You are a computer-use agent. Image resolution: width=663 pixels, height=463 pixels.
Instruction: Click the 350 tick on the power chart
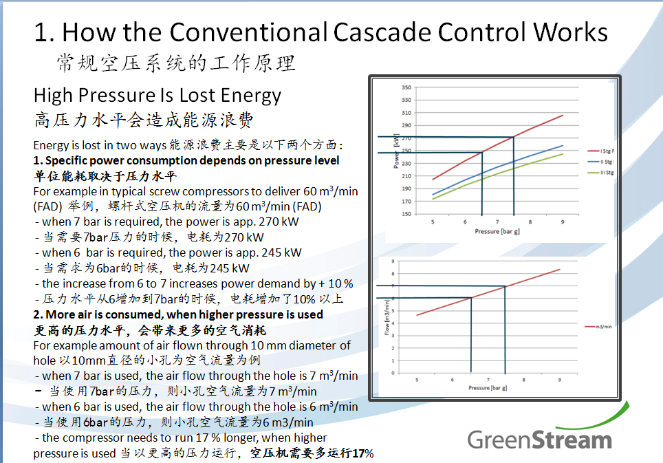(x=406, y=87)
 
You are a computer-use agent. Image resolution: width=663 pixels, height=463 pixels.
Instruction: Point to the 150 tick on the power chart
(x=406, y=214)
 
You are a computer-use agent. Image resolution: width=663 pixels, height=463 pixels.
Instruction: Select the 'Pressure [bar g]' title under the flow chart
(x=489, y=388)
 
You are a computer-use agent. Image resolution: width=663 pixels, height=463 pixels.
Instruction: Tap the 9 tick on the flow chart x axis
(x=559, y=380)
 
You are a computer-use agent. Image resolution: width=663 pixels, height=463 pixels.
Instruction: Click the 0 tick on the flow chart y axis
(x=393, y=373)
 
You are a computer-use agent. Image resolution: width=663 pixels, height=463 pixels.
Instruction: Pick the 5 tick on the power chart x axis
(x=433, y=222)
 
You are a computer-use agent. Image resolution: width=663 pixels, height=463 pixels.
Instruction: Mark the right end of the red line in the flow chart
(x=560, y=269)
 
